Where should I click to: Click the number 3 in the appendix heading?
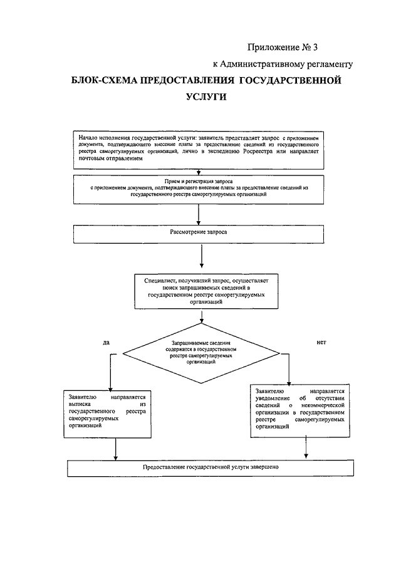(315, 48)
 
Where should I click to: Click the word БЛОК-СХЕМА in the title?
(103, 80)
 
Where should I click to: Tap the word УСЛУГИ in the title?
(206, 97)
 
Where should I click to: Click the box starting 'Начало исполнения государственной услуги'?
(199, 150)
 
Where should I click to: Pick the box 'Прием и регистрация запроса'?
(199, 189)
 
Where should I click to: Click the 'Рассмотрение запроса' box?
(199, 234)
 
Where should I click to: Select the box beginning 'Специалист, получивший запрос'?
(206, 291)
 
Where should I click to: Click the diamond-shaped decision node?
(201, 353)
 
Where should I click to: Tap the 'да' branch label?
(106, 343)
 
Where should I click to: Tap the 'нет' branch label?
(321, 342)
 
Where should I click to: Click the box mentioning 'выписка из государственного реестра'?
(107, 414)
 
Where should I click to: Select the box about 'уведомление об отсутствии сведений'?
(300, 411)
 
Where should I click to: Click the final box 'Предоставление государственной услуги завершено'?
(211, 468)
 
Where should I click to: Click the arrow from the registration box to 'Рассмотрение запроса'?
(198, 215)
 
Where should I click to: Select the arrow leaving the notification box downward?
(306, 448)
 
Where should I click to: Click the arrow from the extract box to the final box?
(115, 449)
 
